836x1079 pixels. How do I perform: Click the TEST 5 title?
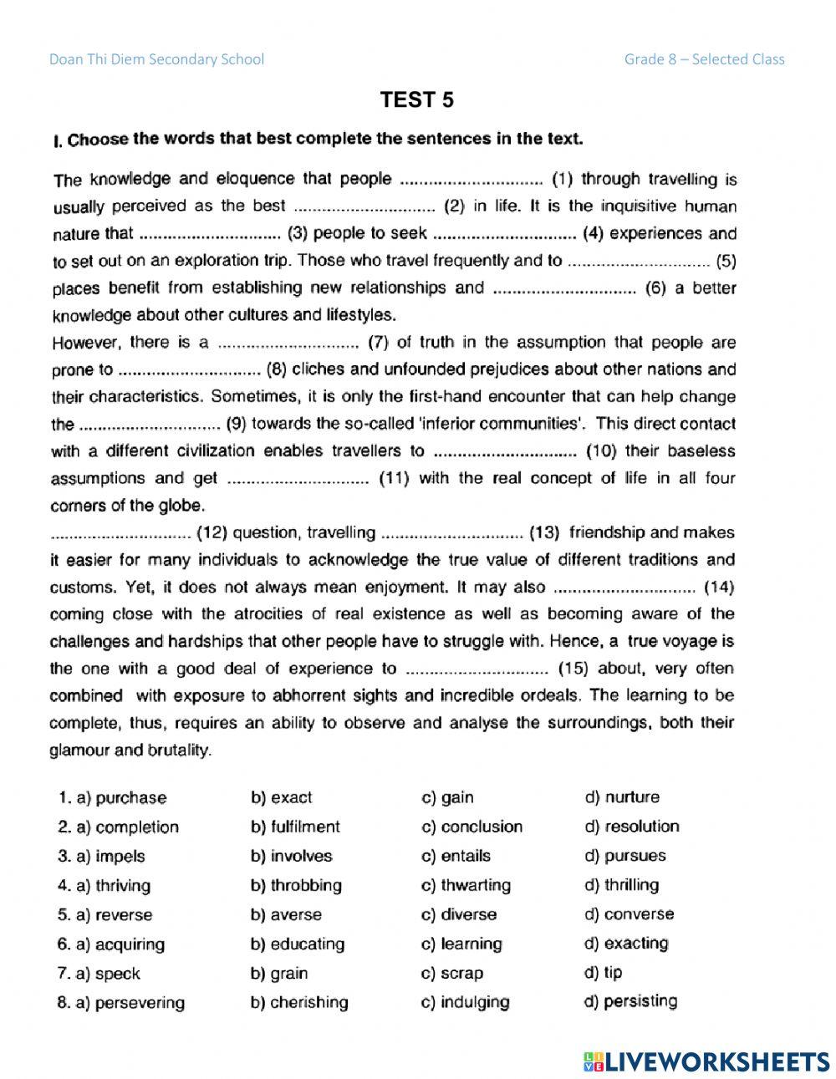point(417,100)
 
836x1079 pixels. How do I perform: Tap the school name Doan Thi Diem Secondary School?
point(156,59)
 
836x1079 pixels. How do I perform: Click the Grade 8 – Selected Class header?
point(704,59)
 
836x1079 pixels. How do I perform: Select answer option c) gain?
point(447,797)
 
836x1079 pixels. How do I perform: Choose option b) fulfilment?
point(295,827)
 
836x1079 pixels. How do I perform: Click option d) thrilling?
point(622,884)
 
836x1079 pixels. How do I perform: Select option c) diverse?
point(458,914)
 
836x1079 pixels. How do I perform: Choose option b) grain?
point(279,973)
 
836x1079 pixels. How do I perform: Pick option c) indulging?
point(466,1002)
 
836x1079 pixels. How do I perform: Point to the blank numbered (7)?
point(288,344)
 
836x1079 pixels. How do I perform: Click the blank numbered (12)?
point(121,534)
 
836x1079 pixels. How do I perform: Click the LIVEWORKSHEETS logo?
point(706,1061)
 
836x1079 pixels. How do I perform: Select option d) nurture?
point(622,797)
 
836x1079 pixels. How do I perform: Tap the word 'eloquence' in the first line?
point(255,179)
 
